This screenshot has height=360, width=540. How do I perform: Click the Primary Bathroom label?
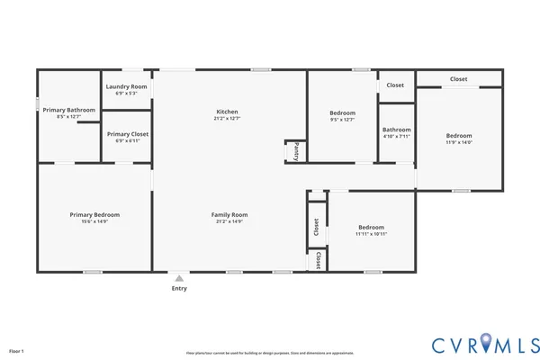pos(68,110)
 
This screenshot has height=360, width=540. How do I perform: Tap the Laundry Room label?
pos(126,86)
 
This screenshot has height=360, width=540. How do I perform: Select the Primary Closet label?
pos(127,134)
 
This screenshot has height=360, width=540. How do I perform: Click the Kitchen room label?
pos(226,112)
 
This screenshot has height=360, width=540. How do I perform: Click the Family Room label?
pos(229,214)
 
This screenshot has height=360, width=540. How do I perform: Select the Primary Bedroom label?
pos(94,214)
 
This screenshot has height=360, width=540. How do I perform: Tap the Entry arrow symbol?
pos(179,278)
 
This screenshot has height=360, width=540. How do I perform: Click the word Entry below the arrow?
pos(179,288)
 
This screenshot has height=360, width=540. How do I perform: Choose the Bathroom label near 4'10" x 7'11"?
pos(396,129)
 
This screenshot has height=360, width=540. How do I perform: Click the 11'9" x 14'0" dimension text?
pos(459,142)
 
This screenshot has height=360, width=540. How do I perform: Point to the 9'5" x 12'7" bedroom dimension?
pos(342,119)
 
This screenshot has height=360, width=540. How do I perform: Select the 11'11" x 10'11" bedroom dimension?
pos(371,234)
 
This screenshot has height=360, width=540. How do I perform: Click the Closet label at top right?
pos(458,79)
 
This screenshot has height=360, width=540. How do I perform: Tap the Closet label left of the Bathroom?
pos(395,85)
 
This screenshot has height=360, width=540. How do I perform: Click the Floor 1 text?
pos(16,350)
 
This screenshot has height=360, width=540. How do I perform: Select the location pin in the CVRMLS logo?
pos(486,343)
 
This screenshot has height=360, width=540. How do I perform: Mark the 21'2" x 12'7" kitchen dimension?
pos(226,119)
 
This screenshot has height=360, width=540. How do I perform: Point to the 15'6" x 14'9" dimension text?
pos(94,221)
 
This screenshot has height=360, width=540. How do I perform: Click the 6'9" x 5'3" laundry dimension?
pos(126,93)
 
